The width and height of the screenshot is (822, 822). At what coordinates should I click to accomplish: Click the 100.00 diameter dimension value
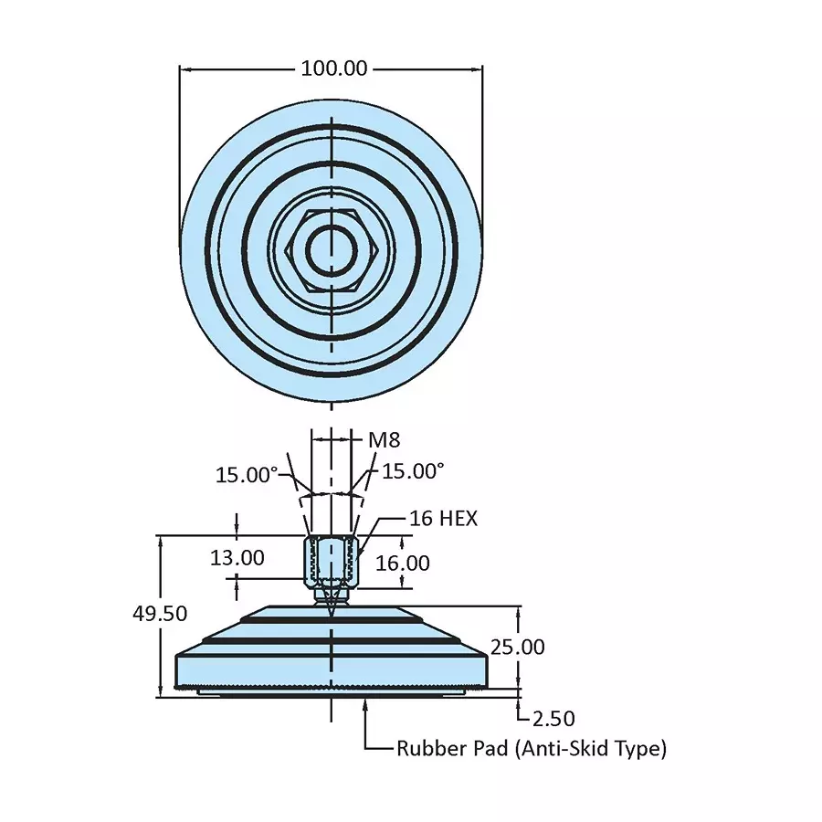click(x=333, y=68)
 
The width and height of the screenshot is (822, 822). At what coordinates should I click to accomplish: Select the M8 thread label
click(x=384, y=440)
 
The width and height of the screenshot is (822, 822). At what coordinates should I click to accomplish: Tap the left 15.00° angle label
click(x=246, y=475)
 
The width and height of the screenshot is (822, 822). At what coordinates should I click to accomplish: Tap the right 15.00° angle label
click(x=413, y=471)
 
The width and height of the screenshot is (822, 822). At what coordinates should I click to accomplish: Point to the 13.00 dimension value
click(x=237, y=557)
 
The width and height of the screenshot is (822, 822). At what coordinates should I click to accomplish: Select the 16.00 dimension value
click(x=403, y=563)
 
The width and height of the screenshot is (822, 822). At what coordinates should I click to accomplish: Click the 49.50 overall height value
click(x=160, y=614)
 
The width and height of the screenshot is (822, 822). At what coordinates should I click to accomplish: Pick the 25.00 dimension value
click(x=517, y=648)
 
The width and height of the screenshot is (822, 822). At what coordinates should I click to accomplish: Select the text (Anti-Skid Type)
click(x=590, y=749)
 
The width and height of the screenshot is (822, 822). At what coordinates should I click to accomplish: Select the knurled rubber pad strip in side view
click(x=331, y=685)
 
